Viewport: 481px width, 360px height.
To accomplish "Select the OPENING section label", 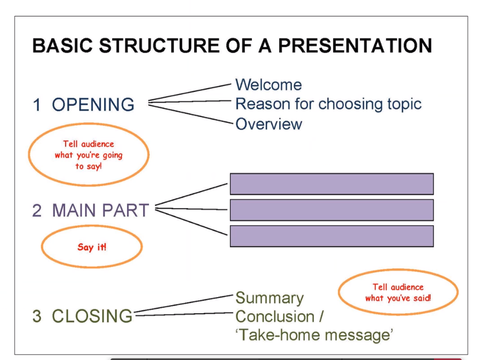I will [x=93, y=105].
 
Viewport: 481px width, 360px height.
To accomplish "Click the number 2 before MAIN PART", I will [x=37, y=210].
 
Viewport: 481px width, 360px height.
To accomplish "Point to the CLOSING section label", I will [x=92, y=316].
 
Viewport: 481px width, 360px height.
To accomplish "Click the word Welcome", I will [x=269, y=84].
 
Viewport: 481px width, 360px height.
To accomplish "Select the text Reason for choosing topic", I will [x=328, y=103].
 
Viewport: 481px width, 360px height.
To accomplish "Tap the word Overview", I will [x=269, y=124].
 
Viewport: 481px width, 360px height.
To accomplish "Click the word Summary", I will [x=269, y=298].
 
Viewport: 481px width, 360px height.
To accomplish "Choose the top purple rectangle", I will [x=332, y=184].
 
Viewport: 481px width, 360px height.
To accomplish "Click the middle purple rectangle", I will [x=332, y=210].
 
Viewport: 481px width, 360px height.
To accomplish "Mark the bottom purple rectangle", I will [x=332, y=236].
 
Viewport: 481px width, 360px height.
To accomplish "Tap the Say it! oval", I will [x=92, y=247].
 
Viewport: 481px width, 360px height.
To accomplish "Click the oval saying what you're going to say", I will [x=88, y=155].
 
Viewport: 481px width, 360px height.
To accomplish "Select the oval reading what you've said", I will [x=398, y=292].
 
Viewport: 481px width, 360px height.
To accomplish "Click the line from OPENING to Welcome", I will [x=190, y=92].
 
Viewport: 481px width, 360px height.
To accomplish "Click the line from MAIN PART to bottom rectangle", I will [x=192, y=223].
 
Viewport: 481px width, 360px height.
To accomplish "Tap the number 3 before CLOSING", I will [x=37, y=316].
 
